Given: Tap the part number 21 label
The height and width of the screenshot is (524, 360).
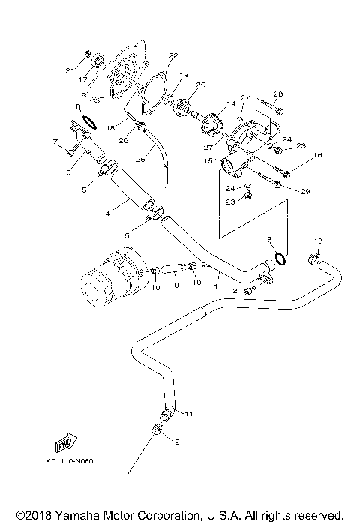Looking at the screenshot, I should tap(70, 70).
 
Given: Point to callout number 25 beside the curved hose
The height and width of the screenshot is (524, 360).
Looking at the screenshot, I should tap(139, 159).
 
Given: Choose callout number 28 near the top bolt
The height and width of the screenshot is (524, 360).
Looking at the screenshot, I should tap(277, 94).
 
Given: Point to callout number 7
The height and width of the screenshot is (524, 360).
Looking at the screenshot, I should tap(55, 141).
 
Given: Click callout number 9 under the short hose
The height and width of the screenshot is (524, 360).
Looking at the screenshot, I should tap(176, 285).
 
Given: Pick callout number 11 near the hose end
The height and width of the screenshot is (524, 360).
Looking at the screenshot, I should tap(189, 413).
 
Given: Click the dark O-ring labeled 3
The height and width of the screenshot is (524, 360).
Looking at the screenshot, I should tap(280, 259).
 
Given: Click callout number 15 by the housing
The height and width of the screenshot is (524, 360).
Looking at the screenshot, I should tap(208, 160).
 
